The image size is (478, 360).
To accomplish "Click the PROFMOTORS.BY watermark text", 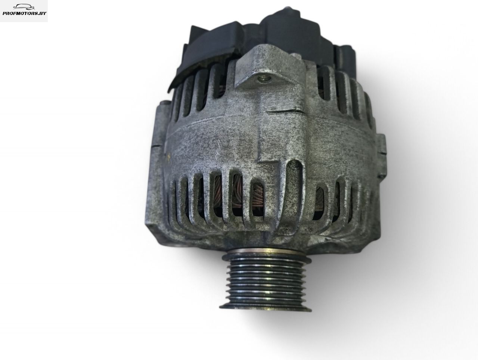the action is pos(24,13).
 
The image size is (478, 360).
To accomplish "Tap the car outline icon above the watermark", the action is pos(24,7).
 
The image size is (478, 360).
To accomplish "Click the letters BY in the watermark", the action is pos(43,13).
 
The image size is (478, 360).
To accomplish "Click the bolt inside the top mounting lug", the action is pos(264,79).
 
